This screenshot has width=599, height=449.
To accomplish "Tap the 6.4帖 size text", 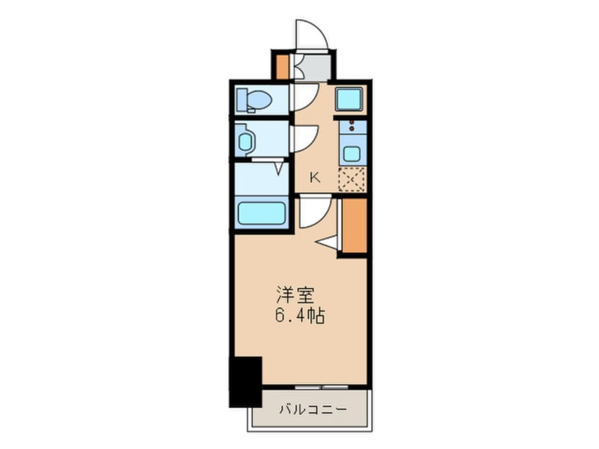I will (299, 316).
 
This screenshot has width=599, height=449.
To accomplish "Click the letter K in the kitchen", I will (315, 178).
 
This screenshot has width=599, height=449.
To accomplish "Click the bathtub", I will (261, 213).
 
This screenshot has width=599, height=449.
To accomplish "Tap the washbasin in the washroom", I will (245, 141).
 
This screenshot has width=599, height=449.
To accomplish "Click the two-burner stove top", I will (351, 128).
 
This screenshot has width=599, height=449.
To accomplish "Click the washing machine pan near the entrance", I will (349, 98).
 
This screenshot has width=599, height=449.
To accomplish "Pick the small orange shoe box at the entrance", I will (282, 65).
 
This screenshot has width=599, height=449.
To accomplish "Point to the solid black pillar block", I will (245, 381).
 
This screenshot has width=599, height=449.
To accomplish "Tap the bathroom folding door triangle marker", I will (279, 169).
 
